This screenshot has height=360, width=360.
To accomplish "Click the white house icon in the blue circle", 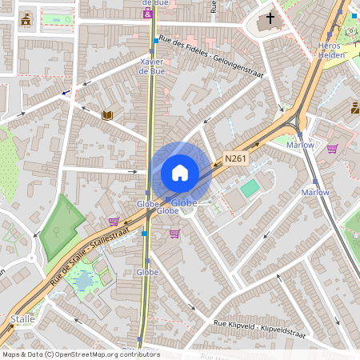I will [180, 172].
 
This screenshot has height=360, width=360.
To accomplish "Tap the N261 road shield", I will [234, 158].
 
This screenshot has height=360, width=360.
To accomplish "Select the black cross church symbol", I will [270, 17].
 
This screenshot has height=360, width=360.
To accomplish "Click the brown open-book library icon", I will [107, 115].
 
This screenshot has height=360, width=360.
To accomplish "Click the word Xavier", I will [152, 62].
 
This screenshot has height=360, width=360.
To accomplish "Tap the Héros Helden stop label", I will [330, 50].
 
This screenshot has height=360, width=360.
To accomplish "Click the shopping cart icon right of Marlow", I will [332, 147].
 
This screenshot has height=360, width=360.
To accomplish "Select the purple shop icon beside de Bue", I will [146, 14].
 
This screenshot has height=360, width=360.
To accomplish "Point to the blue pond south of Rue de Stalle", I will [82, 281].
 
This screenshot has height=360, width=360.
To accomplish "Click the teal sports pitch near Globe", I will [250, 188].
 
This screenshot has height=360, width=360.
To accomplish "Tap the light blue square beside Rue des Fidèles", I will [155, 39].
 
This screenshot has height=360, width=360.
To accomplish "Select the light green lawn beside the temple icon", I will [56, 19].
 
